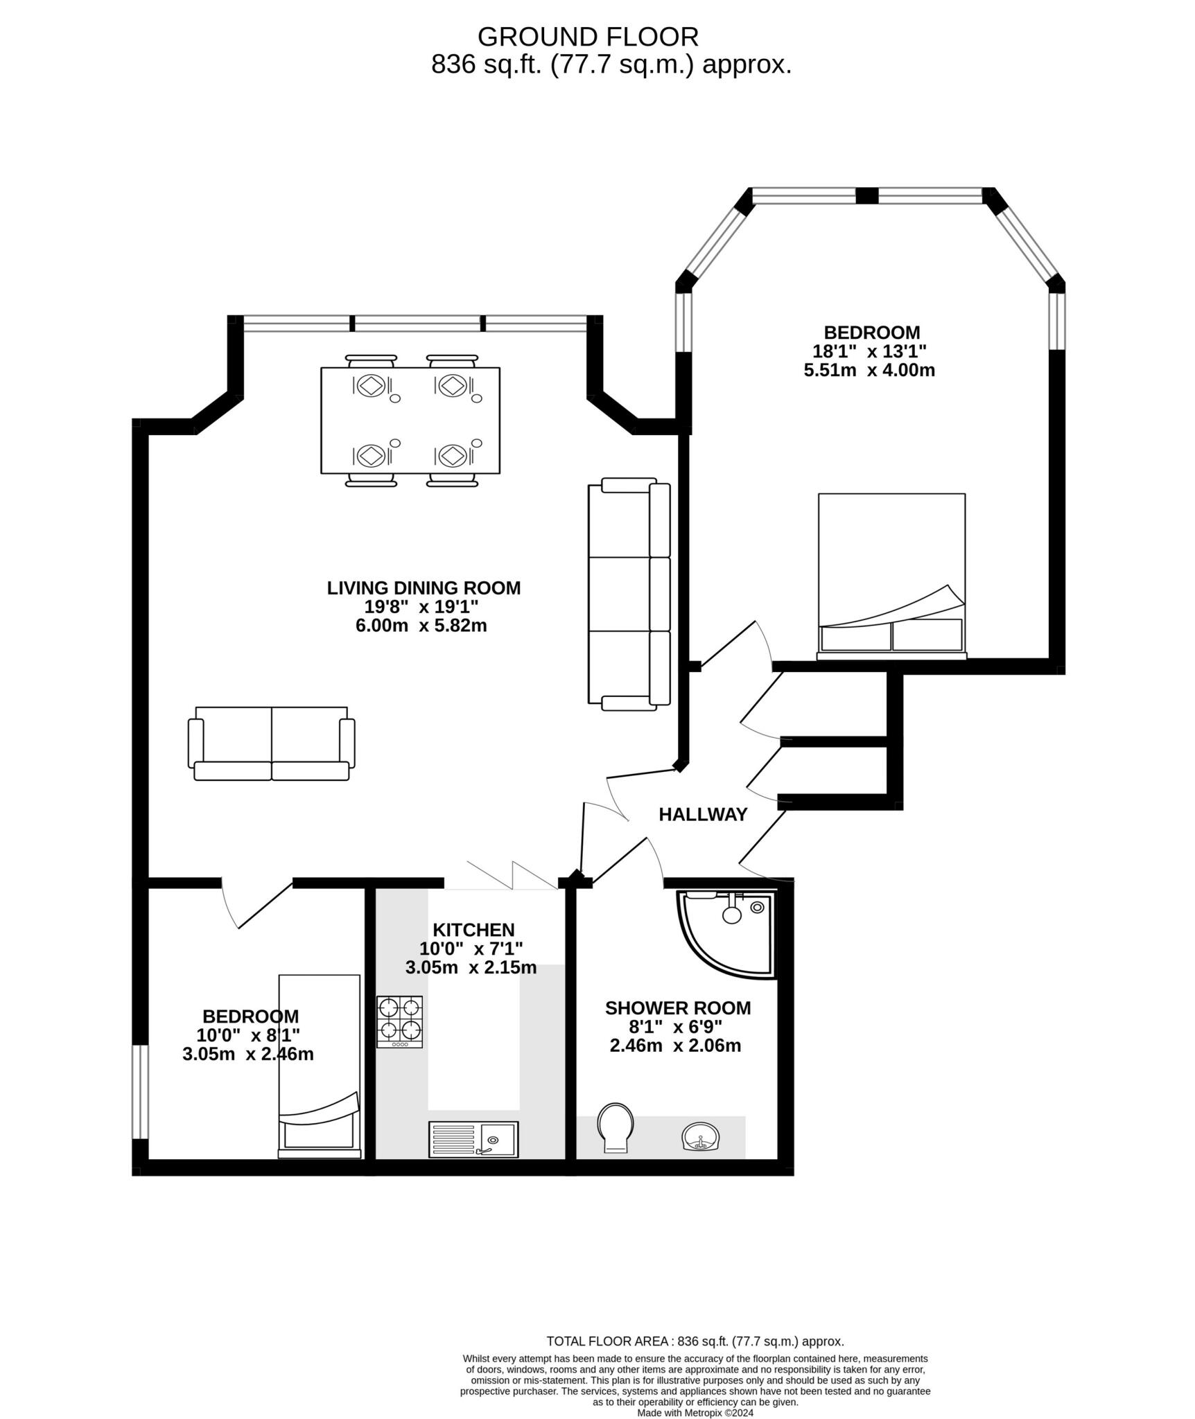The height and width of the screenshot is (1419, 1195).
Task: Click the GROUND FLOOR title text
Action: point(588,36)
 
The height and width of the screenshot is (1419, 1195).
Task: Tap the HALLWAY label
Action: point(703,814)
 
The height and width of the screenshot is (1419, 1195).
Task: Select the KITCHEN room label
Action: point(473,929)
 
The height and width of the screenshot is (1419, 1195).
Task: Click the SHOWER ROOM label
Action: point(677,1007)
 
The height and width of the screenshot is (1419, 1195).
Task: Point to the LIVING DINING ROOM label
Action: point(424,588)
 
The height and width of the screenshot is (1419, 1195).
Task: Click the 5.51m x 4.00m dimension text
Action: point(869,370)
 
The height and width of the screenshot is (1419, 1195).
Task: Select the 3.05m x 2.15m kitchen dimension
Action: point(471,968)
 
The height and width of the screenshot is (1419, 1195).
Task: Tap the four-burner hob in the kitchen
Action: point(399,1021)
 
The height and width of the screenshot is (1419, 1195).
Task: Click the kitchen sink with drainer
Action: point(473,1139)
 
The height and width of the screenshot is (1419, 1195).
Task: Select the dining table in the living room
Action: point(410,421)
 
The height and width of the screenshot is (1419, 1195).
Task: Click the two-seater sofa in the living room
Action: point(271,743)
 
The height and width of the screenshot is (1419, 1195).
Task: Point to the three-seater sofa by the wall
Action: point(629,594)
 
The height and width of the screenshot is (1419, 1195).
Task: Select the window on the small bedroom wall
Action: point(140,1091)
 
